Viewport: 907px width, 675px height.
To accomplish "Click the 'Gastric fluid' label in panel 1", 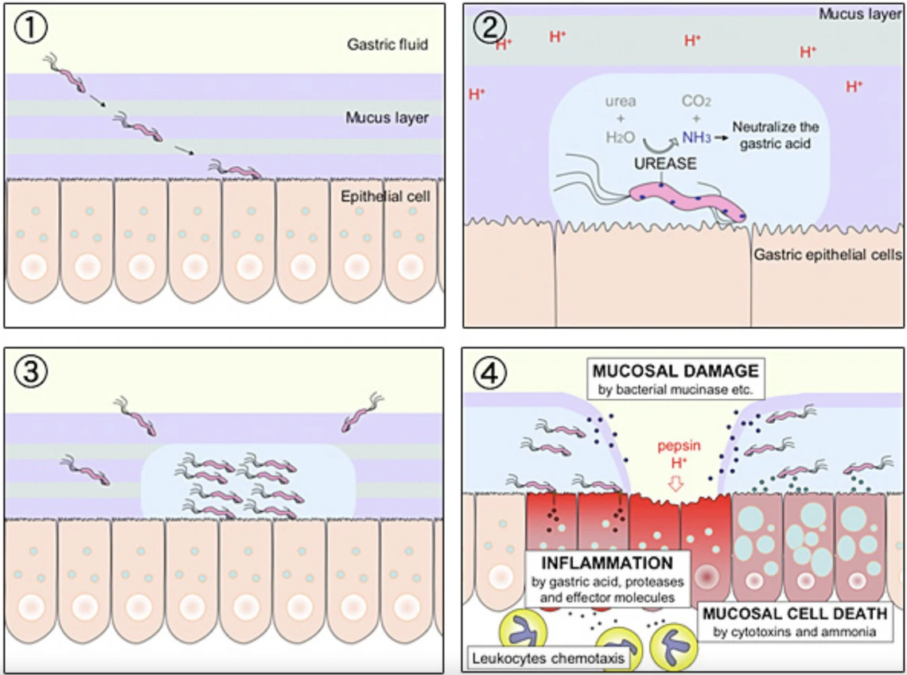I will (x=387, y=45).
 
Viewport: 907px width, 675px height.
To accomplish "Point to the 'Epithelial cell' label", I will (x=384, y=196).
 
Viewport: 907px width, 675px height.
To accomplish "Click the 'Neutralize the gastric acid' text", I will (x=775, y=134).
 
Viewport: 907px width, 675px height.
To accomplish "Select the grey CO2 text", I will (x=696, y=102).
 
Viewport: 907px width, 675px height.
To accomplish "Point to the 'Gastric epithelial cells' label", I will (x=827, y=255).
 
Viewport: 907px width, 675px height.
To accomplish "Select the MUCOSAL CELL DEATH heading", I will (x=796, y=615).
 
